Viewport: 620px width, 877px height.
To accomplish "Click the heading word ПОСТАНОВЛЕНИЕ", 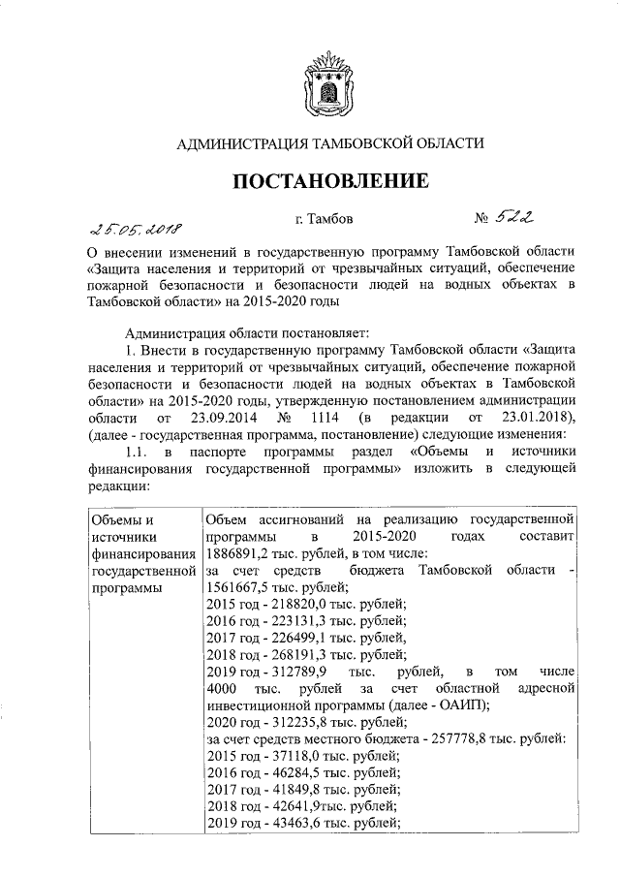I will point(328,181).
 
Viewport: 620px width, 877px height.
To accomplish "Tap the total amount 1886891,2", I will point(242,553).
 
